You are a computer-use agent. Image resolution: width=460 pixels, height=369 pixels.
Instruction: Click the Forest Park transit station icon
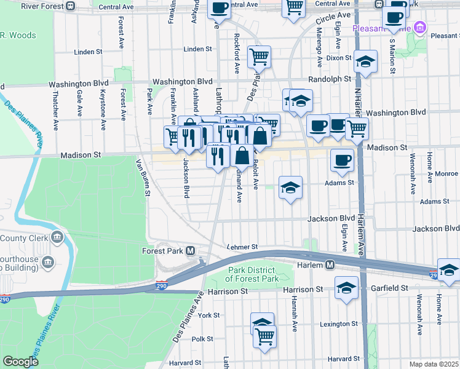coord(191,251)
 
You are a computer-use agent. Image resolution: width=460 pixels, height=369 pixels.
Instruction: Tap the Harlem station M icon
coord(330,265)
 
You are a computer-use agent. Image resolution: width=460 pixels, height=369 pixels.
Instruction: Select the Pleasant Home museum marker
coord(420,28)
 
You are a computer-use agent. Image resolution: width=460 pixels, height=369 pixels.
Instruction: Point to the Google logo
coord(20,362)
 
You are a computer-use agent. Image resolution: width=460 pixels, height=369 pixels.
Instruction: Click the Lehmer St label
coord(242,246)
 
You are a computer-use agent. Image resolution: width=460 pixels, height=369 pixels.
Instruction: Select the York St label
coord(208,315)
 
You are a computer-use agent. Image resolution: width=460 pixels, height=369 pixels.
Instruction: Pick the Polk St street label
coord(202,339)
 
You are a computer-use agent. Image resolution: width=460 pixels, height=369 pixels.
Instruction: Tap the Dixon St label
coord(339,58)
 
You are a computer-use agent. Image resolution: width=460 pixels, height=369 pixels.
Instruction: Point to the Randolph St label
coord(330,79)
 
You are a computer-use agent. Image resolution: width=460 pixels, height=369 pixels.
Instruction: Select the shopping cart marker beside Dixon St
coord(260,57)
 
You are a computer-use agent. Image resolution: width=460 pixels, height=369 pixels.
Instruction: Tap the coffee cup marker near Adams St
coord(342,160)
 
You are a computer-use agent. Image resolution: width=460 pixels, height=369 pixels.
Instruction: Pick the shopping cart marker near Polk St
coord(264,336)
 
